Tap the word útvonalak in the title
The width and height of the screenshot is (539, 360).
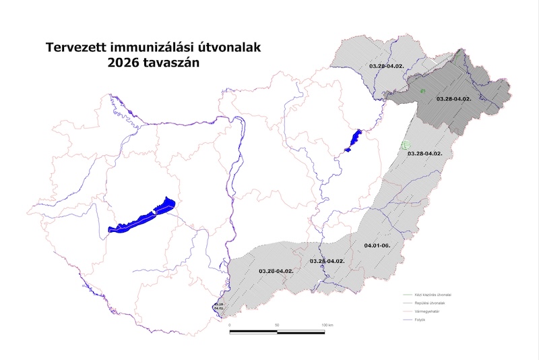coord(236,48)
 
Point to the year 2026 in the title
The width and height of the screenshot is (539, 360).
coord(123,63)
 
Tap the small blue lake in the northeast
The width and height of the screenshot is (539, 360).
coord(352,140)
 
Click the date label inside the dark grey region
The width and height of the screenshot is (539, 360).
coord(453,98)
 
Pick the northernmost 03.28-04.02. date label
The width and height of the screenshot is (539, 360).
coord(386,65)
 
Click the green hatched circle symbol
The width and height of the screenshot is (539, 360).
coord(405,144)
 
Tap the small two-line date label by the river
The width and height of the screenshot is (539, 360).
coord(218,306)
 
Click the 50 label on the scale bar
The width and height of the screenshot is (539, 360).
coord(278,325)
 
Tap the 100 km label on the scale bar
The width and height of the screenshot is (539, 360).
coord(327,325)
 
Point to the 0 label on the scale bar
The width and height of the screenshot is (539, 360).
coord(230,325)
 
